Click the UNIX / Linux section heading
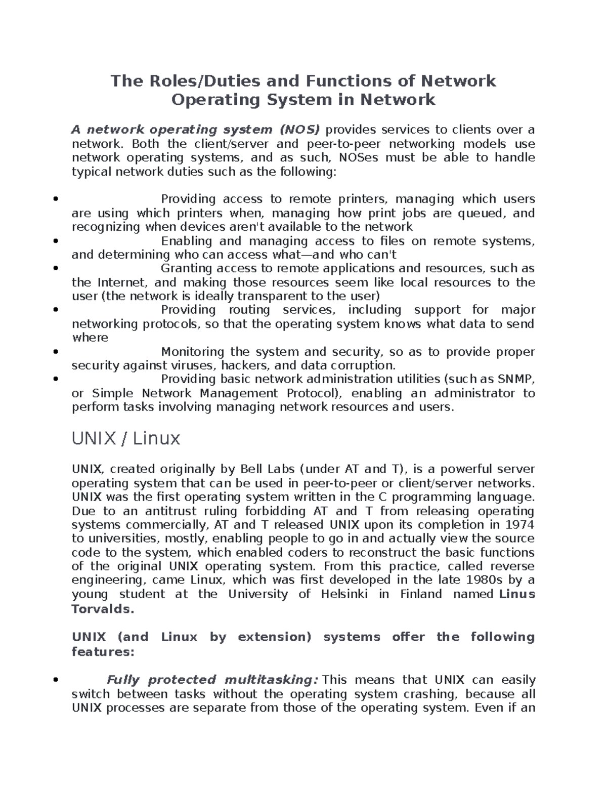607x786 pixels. tap(126, 438)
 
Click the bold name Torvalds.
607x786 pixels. tap(103, 609)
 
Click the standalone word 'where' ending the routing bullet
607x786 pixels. tap(90, 338)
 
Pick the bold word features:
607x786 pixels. tap(103, 652)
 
